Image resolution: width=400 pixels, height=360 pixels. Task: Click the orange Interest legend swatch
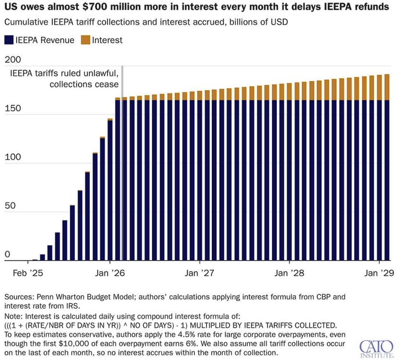pyautogui.click(x=87, y=40)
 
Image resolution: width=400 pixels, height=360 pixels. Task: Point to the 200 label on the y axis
pyautogui.click(x=13, y=60)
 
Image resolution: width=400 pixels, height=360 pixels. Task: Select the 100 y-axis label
pyautogui.click(x=13, y=157)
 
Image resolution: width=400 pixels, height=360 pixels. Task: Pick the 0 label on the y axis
pyautogui.click(x=7, y=255)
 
